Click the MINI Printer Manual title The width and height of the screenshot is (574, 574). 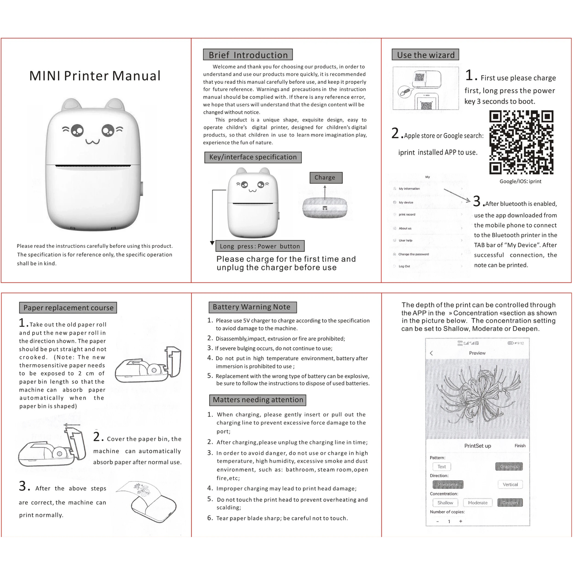point(95,75)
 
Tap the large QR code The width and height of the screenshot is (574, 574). point(521,142)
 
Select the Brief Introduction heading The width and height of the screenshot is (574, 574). point(248,55)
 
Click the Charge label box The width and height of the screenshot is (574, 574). point(325,178)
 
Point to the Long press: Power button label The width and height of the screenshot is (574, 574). point(260,246)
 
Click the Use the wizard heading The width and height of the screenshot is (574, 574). point(425,55)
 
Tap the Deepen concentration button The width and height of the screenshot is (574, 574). point(510,502)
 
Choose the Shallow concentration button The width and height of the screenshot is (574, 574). point(445,502)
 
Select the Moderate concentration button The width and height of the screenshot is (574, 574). point(477,502)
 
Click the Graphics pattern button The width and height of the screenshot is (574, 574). point(509,466)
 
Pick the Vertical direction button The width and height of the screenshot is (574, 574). point(510,484)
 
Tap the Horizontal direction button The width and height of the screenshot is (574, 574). point(448,485)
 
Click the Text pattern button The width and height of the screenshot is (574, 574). point(442,466)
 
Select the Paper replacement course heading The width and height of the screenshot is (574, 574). point(68,308)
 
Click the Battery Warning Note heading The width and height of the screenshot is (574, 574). point(252,307)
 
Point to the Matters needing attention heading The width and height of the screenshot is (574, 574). point(258,400)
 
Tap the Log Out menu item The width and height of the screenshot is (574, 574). point(404,266)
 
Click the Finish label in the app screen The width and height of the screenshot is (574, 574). point(520,446)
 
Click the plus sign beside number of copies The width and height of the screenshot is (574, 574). point(461,521)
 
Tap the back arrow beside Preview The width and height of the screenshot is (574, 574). point(431,353)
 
